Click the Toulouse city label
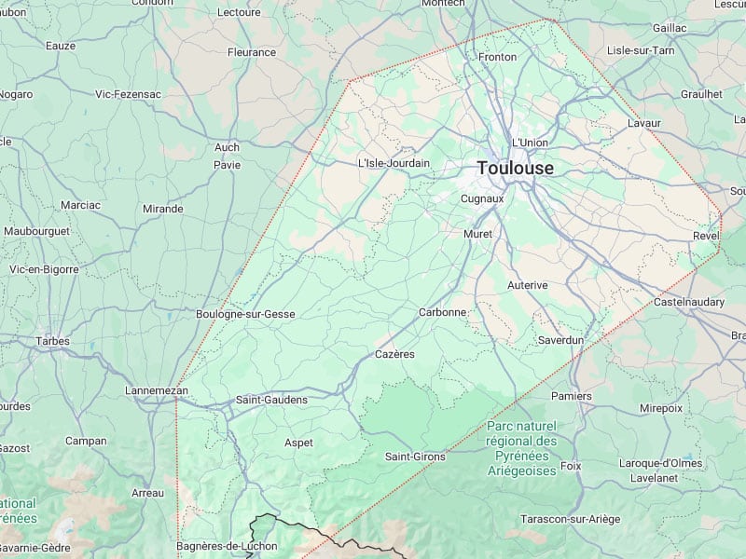[515, 169]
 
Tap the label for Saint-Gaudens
[271, 400]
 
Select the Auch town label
[227, 147]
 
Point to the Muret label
[477, 234]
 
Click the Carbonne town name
[442, 312]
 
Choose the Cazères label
[394, 355]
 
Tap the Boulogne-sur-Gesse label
[245, 315]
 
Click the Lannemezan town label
[157, 390]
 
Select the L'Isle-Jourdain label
[394, 163]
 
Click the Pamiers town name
[571, 396]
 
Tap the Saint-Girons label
[415, 457]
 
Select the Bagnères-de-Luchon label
[227, 546]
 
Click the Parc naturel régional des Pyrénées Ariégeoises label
[521, 448]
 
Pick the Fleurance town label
[252, 52]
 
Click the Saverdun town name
[560, 340]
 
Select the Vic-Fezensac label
[129, 94]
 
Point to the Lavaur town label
[644, 123]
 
